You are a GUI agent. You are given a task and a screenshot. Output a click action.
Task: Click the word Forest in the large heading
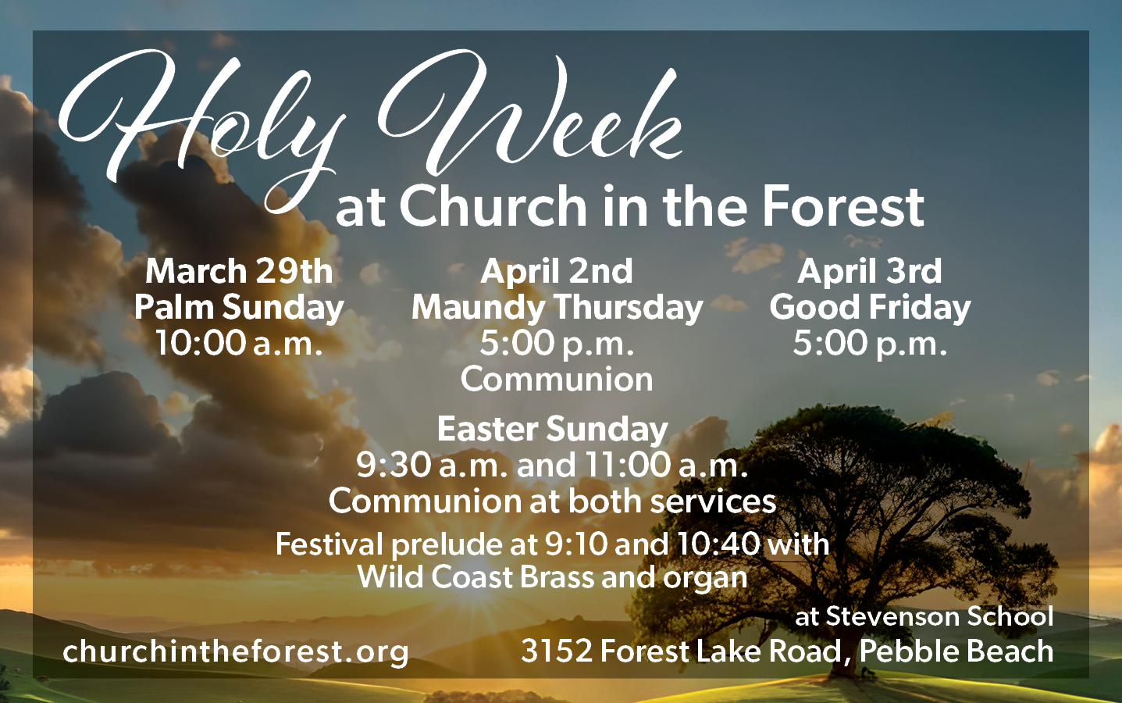pyautogui.click(x=843, y=206)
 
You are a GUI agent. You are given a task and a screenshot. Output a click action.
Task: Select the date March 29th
pyautogui.click(x=239, y=271)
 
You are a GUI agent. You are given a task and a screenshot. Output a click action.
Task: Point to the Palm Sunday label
pyautogui.click(x=239, y=307)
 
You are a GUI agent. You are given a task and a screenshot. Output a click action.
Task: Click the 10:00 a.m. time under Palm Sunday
pyautogui.click(x=239, y=343)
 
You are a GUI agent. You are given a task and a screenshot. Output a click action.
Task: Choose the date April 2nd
pyautogui.click(x=557, y=271)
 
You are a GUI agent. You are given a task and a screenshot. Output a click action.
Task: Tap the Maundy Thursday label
pyautogui.click(x=557, y=307)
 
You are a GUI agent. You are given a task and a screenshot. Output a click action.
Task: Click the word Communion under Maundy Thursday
pyautogui.click(x=557, y=380)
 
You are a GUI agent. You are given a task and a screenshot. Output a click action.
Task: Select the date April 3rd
pyautogui.click(x=870, y=271)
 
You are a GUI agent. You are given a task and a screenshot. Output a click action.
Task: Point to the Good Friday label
pyautogui.click(x=870, y=307)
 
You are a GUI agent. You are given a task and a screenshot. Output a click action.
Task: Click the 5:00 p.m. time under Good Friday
pyautogui.click(x=870, y=343)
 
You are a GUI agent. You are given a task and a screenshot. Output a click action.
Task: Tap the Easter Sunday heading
pyautogui.click(x=552, y=429)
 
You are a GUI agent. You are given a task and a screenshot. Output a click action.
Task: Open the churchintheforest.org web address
pyautogui.click(x=236, y=651)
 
